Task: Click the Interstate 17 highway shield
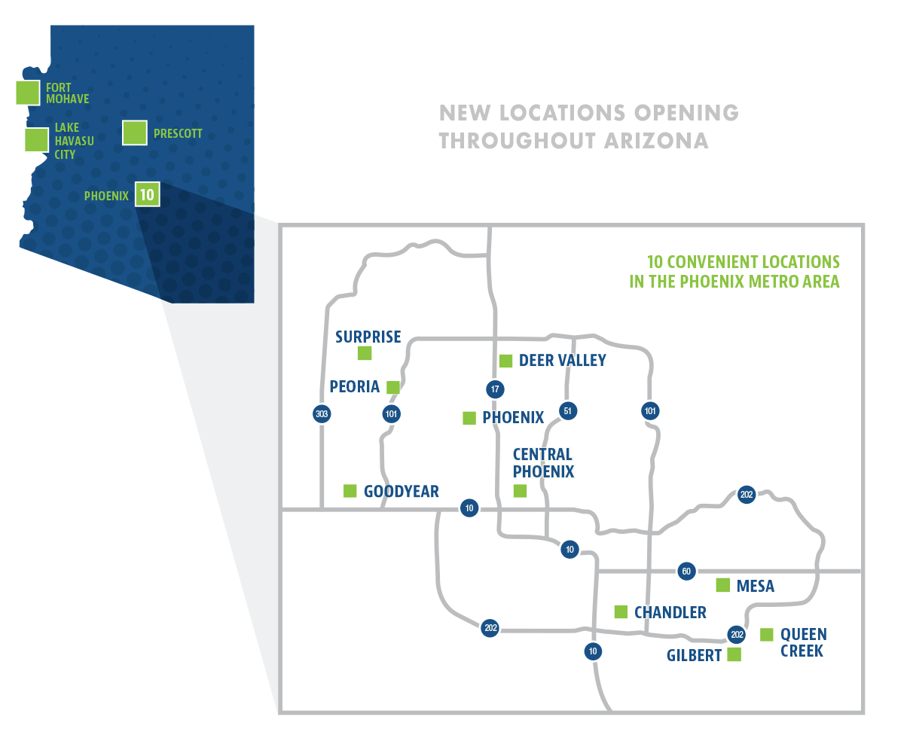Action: click(494, 389)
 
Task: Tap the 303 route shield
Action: click(322, 413)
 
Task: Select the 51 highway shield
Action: click(567, 411)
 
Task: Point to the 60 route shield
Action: click(686, 572)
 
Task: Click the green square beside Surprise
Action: click(365, 353)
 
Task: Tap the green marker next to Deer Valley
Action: click(505, 361)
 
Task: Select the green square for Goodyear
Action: click(350, 491)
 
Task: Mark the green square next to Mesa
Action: click(722, 585)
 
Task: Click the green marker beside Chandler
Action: click(621, 611)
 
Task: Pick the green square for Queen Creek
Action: click(767, 635)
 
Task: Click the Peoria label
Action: click(354, 386)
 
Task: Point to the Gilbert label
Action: click(694, 656)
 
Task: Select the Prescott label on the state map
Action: click(178, 133)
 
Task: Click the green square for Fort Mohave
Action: click(28, 93)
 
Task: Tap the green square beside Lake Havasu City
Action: click(36, 140)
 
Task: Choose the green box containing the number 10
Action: click(147, 195)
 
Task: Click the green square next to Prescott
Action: click(135, 133)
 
